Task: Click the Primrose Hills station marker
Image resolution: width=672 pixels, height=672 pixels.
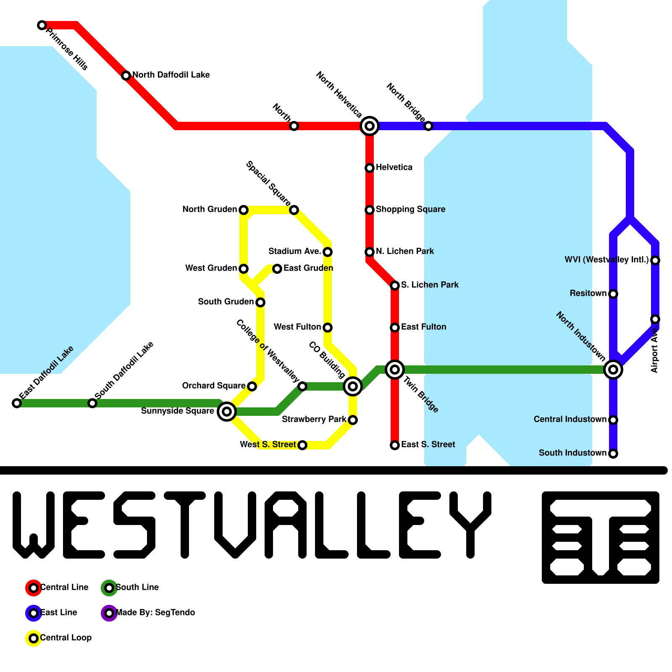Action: pyautogui.click(x=42, y=25)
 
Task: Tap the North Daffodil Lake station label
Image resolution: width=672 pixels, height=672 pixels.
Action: pyautogui.click(x=171, y=75)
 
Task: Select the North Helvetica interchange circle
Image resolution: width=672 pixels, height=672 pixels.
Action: pyautogui.click(x=369, y=126)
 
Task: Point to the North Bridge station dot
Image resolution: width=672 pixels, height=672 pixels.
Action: pyautogui.click(x=428, y=126)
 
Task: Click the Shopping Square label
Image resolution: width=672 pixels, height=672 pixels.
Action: pyautogui.click(x=410, y=209)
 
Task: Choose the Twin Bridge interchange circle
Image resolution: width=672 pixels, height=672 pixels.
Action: pyautogui.click(x=394, y=370)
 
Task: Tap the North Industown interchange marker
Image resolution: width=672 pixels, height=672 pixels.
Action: pyautogui.click(x=613, y=370)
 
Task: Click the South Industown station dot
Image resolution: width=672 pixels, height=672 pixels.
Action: pyautogui.click(x=613, y=453)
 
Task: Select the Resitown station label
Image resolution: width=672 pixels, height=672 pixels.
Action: pyautogui.click(x=588, y=293)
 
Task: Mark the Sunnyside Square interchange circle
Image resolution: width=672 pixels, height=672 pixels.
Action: pyautogui.click(x=226, y=412)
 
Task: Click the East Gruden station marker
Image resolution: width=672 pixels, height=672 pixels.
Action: pyautogui.click(x=277, y=268)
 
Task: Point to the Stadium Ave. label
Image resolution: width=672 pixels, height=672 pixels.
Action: pyautogui.click(x=294, y=251)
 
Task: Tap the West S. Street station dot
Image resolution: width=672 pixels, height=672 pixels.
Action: pyautogui.click(x=302, y=445)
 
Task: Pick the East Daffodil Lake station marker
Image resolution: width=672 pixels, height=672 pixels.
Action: pyautogui.click(x=16, y=403)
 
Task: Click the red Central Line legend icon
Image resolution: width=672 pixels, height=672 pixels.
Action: pyautogui.click(x=33, y=588)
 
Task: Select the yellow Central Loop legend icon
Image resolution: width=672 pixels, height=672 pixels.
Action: pyautogui.click(x=33, y=638)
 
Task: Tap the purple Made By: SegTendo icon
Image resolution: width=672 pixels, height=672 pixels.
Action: pyautogui.click(x=109, y=613)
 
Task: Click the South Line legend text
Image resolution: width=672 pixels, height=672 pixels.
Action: pyautogui.click(x=137, y=587)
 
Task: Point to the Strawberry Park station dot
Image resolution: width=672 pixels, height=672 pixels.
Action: pyautogui.click(x=353, y=420)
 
